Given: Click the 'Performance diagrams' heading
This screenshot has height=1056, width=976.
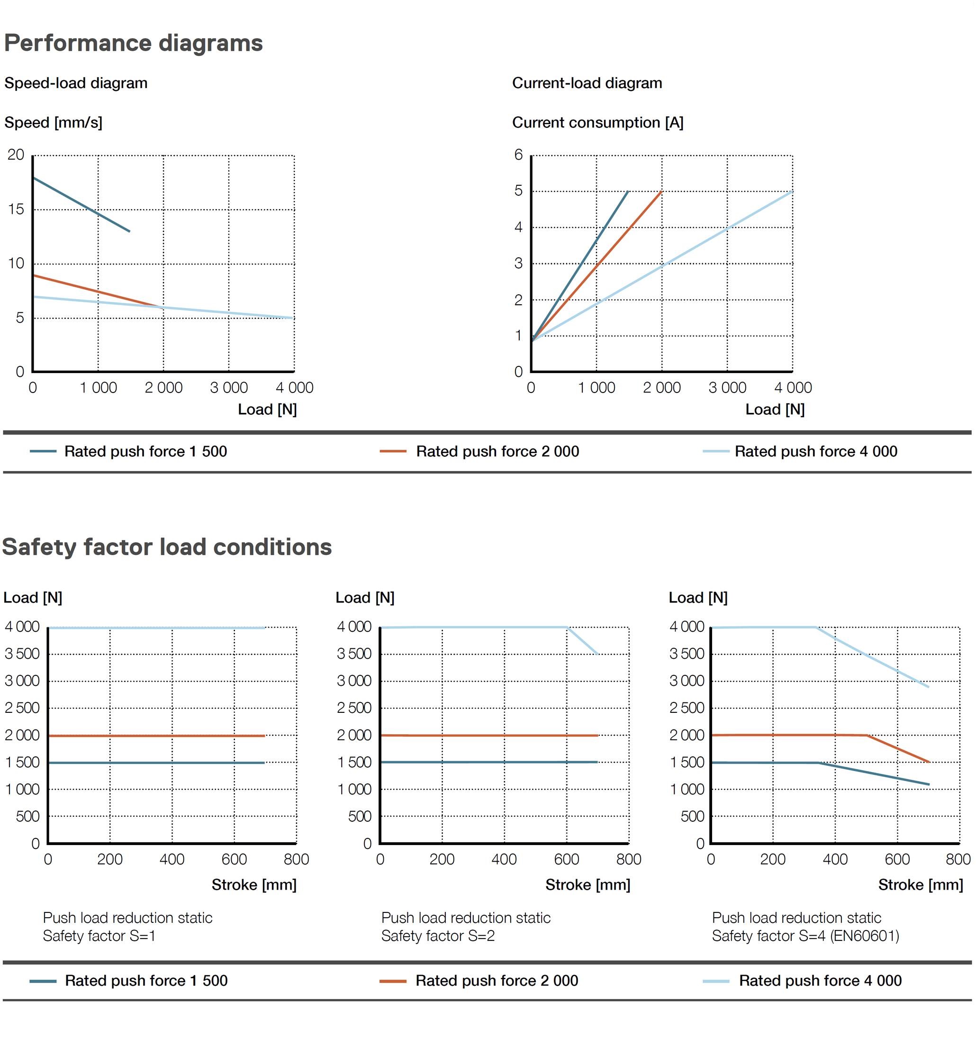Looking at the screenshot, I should click(x=133, y=43).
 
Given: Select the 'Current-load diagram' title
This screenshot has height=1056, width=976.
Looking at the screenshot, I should click(x=587, y=83).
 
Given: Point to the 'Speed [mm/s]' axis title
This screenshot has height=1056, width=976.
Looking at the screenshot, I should click(x=54, y=123).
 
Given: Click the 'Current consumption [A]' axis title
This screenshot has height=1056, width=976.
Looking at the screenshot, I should click(x=597, y=123).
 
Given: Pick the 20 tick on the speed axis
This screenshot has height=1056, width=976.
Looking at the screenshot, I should click(x=16, y=155).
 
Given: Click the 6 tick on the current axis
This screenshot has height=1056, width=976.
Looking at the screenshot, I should click(x=518, y=155).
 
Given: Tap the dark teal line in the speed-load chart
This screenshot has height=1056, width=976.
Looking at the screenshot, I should click(x=79, y=204).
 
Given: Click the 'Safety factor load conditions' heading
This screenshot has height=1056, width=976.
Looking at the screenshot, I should click(x=167, y=547).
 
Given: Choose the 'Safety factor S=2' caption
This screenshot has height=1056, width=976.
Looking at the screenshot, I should click(x=438, y=936).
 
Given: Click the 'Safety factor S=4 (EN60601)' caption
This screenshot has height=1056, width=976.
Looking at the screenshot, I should click(x=805, y=936).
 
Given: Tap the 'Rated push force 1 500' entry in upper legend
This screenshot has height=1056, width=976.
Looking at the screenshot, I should click(x=145, y=452).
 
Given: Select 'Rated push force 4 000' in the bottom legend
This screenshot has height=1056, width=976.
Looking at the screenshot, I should click(x=820, y=981).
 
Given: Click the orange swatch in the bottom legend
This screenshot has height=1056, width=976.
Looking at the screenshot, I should click(x=392, y=982).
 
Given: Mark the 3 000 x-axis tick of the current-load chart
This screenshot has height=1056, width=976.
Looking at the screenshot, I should click(x=727, y=388).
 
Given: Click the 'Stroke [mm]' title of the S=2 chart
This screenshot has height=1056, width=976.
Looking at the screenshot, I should click(x=587, y=885).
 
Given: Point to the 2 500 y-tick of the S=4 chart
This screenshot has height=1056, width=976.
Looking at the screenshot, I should click(x=687, y=708).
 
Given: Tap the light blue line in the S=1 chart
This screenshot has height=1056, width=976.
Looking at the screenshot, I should click(x=158, y=628).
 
